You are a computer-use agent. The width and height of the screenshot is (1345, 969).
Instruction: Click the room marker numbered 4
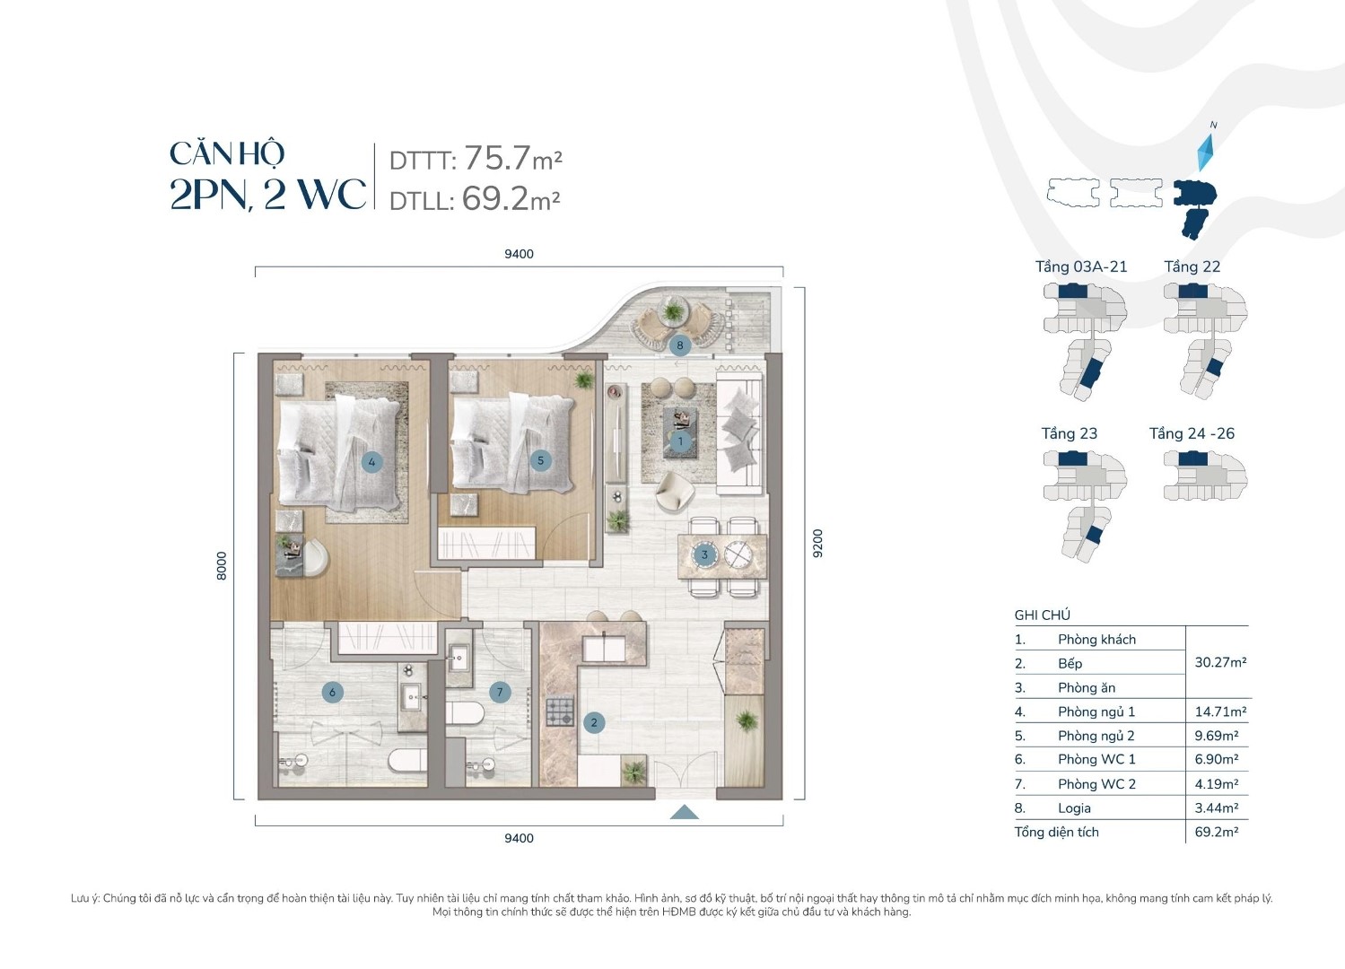[x=371, y=462]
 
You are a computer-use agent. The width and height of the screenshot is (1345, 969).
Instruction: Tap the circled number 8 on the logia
[x=680, y=345]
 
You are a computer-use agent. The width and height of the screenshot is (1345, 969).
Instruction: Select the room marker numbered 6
[x=332, y=693]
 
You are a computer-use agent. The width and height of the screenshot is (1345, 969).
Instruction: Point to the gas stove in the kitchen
[x=560, y=711]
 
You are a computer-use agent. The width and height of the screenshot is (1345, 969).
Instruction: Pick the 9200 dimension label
[x=817, y=544]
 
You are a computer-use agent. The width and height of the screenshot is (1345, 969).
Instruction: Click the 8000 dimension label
[x=222, y=565]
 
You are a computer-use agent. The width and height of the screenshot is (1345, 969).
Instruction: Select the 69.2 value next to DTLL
[x=494, y=198]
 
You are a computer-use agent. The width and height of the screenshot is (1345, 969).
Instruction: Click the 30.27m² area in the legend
[x=1220, y=662]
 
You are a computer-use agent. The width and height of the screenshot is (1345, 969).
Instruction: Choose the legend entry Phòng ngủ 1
[x=1096, y=711]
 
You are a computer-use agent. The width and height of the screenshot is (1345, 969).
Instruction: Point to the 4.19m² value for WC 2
[x=1217, y=783]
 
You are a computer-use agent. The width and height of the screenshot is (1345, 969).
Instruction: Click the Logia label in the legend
[x=1074, y=808]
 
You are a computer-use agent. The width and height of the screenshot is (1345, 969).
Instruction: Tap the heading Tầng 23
[x=1070, y=433]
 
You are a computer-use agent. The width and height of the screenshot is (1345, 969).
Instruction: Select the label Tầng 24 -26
[x=1192, y=433]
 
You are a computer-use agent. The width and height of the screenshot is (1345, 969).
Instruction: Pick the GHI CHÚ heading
[x=1043, y=615]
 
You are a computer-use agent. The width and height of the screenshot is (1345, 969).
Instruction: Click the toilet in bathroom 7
[x=465, y=713]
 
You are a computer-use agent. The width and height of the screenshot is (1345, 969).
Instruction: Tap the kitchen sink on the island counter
[x=604, y=648]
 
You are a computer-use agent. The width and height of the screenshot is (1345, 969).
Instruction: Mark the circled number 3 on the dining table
[x=704, y=554]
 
